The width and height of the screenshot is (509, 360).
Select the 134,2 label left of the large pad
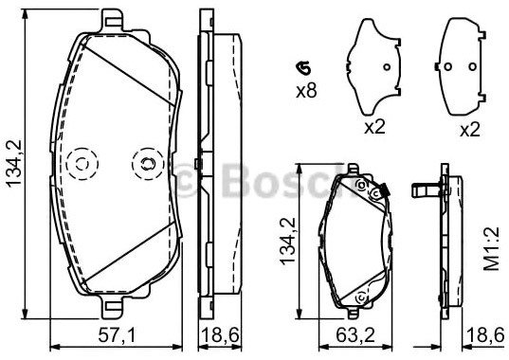(14, 164)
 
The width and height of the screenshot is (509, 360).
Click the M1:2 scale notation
(491, 249)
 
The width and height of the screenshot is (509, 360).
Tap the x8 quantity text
(306, 92)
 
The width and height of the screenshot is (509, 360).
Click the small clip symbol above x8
(303, 68)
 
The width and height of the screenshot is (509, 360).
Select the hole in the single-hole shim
(387, 67)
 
